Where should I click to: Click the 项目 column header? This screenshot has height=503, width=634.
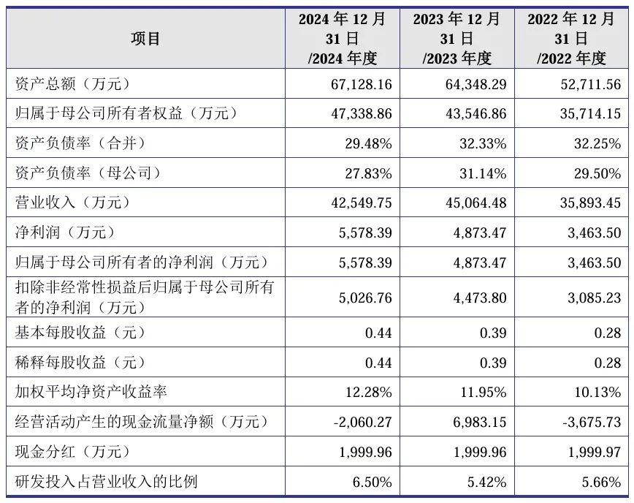pos(145,39)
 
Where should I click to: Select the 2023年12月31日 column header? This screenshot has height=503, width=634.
pos(457,39)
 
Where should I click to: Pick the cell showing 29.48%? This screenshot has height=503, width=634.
pos(368,144)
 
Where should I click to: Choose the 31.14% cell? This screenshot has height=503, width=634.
pos(483,173)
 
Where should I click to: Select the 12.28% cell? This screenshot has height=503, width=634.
pos(368,393)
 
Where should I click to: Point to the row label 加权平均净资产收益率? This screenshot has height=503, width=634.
pos(91,392)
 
